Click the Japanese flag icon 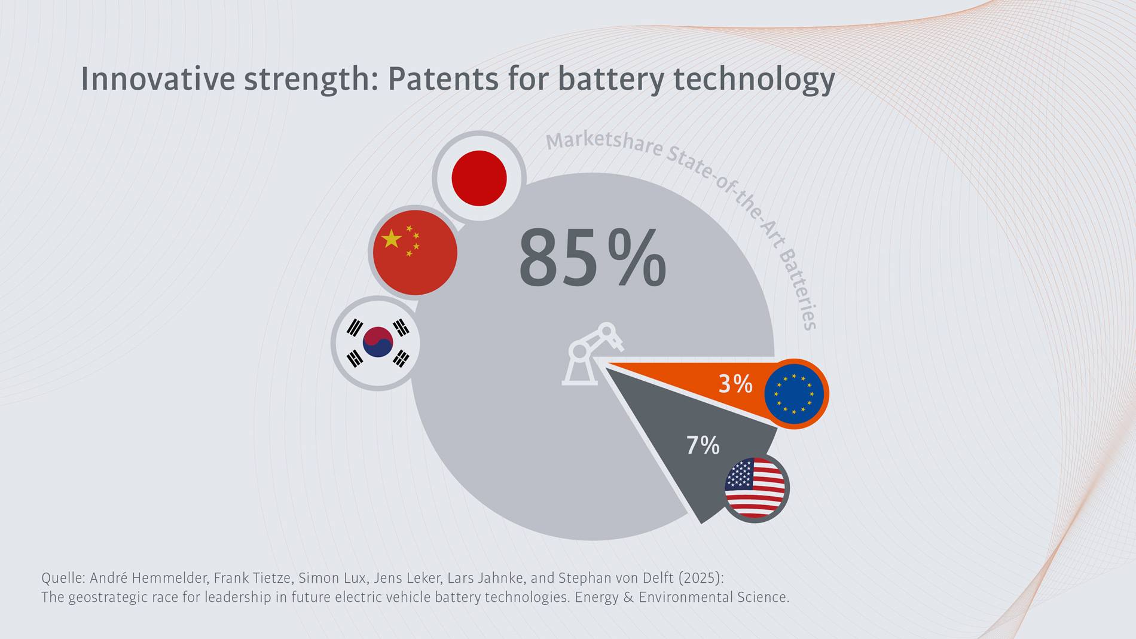tap(479, 178)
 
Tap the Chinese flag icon tap(415, 252)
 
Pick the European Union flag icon tap(795, 393)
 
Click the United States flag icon tap(755, 488)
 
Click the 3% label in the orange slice tap(735, 384)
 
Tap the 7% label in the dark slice tap(703, 445)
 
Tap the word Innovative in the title tap(158, 79)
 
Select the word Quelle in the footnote tap(62, 578)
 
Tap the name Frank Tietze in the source tap(252, 578)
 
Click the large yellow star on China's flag tap(391, 239)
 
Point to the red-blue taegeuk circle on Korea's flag tap(377, 342)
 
